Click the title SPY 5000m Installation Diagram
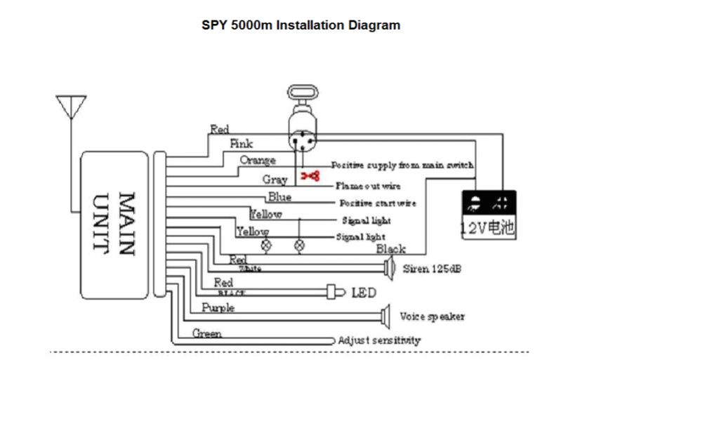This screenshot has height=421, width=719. [301, 25]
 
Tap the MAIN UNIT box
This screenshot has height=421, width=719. [114, 225]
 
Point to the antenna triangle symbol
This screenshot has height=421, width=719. [71, 106]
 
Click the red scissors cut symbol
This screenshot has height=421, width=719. [310, 175]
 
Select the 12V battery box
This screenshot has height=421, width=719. [489, 215]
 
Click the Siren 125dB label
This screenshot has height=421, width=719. [432, 269]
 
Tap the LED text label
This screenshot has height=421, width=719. [364, 292]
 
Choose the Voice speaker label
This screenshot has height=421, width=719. [432, 316]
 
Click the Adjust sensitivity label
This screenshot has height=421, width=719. [379, 340]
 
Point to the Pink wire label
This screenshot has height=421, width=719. [242, 144]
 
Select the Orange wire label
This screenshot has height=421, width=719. [258, 160]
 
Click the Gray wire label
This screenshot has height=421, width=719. [275, 180]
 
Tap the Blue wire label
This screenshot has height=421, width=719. [279, 197]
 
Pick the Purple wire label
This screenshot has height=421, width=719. [218, 308]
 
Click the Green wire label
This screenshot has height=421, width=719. [207, 333]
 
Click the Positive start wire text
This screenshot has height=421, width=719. [378, 203]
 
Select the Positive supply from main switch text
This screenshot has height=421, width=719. [402, 166]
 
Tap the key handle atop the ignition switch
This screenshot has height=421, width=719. [303, 93]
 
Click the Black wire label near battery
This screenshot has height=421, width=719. [390, 249]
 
